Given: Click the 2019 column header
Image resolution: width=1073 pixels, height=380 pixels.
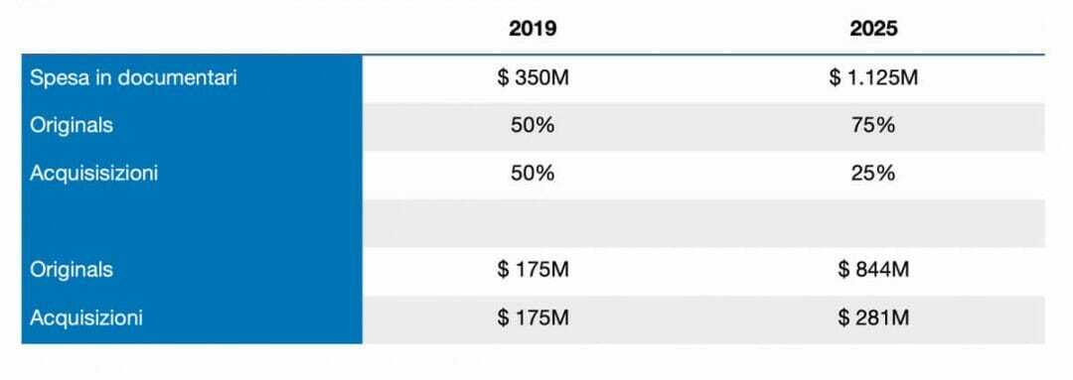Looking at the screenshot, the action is coord(533,29).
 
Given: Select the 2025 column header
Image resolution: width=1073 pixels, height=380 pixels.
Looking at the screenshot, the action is coord(873,29).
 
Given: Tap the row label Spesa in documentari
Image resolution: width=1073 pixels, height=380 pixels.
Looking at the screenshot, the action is coord(133,78).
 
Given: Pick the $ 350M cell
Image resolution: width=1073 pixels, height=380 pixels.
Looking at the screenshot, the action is coord(534,78).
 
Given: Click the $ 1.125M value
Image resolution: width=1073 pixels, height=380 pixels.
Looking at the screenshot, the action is coord(873,78).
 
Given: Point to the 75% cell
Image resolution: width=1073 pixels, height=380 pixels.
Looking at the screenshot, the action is coord(873,126).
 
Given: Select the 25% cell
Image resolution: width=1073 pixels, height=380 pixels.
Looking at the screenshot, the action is coord(873,174).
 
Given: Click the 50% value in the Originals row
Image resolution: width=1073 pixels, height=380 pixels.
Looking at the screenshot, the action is coord(533,126).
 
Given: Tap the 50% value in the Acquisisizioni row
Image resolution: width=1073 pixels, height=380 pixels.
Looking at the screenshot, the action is coord(533,174).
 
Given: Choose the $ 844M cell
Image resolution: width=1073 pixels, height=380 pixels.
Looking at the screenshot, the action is coord(873,270).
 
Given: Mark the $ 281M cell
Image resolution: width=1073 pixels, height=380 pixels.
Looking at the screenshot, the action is coord(873,317).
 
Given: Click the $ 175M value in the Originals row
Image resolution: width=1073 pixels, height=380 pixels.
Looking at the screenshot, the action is coord(534,270).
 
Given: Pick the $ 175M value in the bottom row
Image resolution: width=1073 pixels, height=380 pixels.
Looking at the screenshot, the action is coord(534,317).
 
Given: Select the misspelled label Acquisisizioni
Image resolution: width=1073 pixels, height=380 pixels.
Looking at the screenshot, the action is coord(93,174).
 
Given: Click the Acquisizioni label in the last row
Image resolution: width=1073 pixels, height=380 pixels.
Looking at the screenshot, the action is coord(86,317).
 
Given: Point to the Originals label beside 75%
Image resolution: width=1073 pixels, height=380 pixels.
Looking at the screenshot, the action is coord(72,126).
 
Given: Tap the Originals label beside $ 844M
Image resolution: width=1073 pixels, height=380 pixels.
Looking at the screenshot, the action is coord(72,270).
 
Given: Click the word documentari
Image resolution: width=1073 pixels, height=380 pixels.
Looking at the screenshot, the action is coord(177,78).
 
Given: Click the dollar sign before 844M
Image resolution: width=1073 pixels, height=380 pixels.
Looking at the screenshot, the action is coord(843,270).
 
